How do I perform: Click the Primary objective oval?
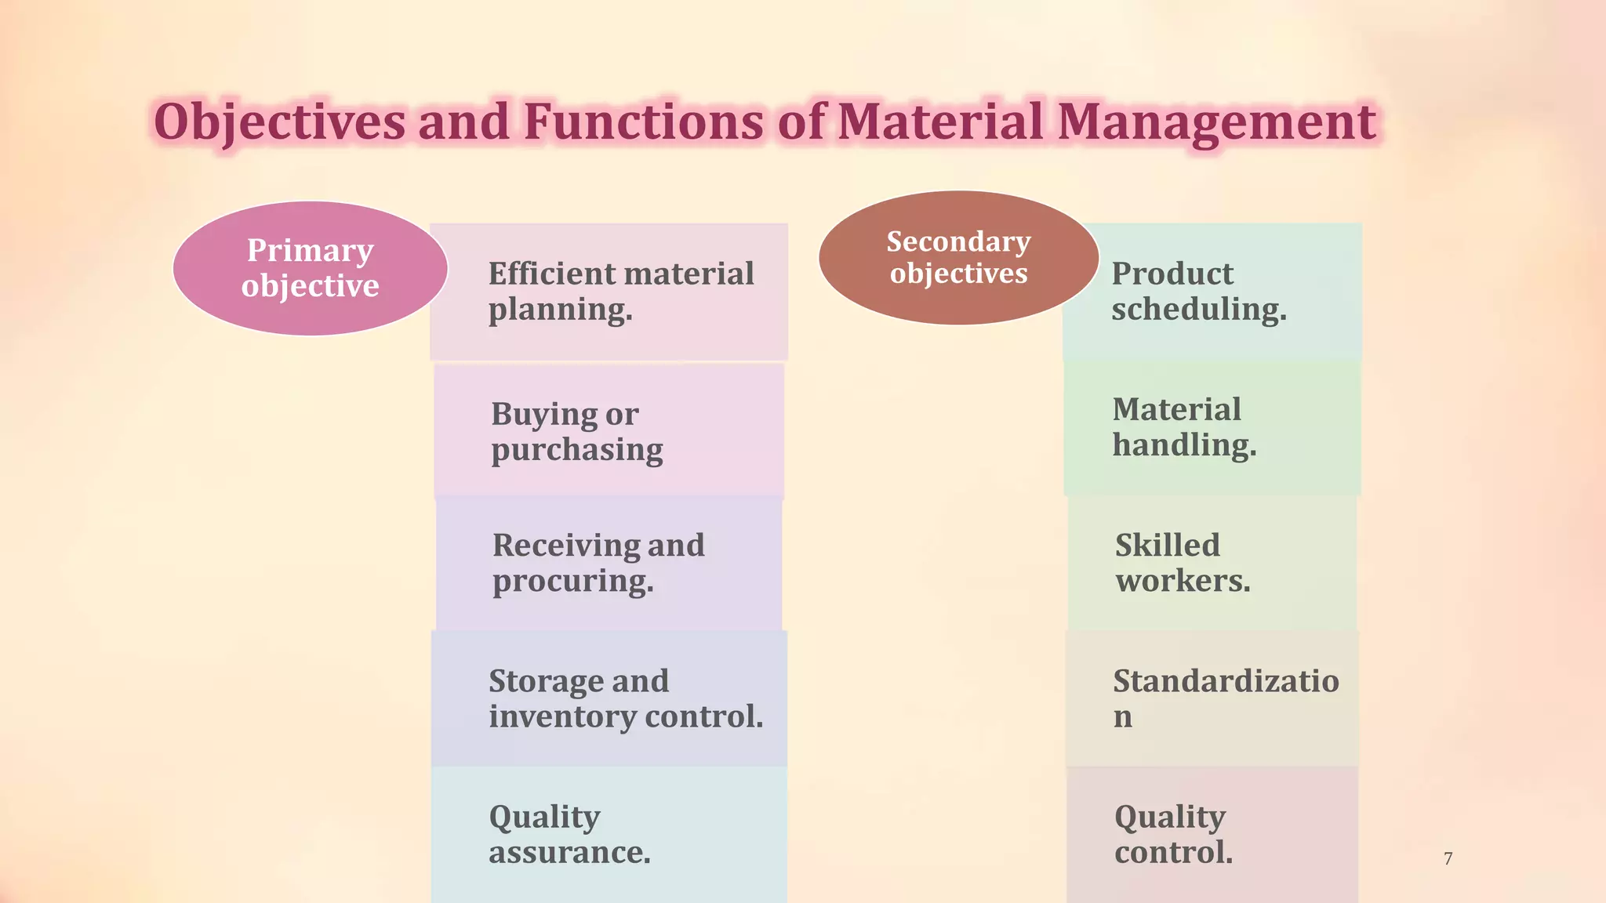tap(310, 268)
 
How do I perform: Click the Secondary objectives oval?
tap(958, 258)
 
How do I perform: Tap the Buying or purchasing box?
tap(609, 430)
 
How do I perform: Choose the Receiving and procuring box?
tap(609, 563)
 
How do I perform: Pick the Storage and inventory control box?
tap(609, 698)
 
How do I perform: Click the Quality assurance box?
tap(609, 834)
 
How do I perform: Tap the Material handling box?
tap(1212, 427)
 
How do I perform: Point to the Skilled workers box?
tap(1212, 563)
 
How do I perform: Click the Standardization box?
tap(1212, 698)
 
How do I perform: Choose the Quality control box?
tap(1212, 834)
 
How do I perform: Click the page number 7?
tap(1448, 858)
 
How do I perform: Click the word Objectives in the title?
tap(279, 122)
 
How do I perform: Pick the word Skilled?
tap(1167, 546)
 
